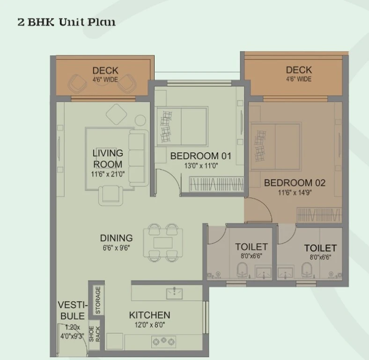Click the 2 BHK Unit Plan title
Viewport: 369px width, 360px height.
point(66,22)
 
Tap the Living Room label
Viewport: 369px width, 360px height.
point(108,158)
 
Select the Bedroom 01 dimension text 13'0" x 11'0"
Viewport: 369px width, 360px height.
point(201,166)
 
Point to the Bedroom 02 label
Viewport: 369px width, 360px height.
point(295,183)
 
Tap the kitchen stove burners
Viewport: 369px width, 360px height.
point(163,341)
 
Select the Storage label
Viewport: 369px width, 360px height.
point(98,300)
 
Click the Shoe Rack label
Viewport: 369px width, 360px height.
point(95,334)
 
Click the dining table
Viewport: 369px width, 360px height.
point(163,243)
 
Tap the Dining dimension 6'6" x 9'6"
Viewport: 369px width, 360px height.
point(116,248)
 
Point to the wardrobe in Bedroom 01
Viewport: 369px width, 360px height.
point(216,184)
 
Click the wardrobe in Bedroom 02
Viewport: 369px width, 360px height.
point(319,214)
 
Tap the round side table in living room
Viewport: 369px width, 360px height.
point(141,120)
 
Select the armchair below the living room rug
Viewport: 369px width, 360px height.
point(111,195)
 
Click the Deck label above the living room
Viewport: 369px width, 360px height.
point(105,71)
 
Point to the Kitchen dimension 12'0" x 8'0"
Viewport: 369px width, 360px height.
point(150,325)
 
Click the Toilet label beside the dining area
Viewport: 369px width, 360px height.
point(251,247)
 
